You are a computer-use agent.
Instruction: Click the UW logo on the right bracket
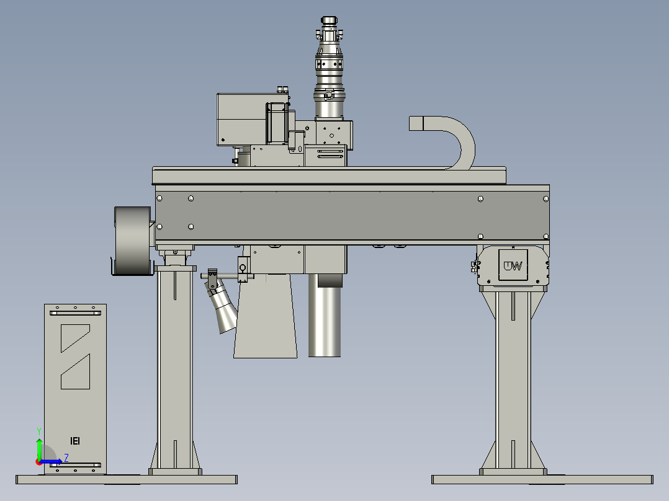[513, 266]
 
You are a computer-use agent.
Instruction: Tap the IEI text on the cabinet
[75, 441]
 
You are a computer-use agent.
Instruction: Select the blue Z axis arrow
[50, 461]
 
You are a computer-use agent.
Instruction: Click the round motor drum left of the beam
[132, 241]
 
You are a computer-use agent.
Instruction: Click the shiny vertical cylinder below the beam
[325, 316]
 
